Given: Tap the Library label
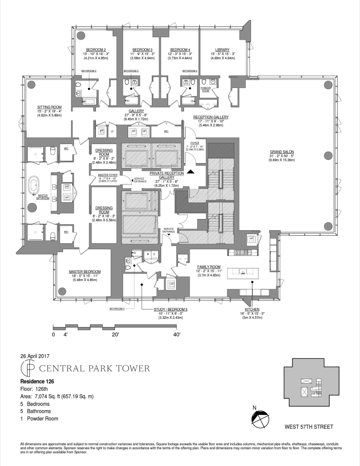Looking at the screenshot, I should click(x=222, y=50).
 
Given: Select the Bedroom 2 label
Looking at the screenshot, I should click(x=96, y=50).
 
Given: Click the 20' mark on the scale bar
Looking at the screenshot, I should click(x=115, y=335).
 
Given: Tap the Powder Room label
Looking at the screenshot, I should click(x=206, y=89).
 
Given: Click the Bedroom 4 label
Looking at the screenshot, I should click(x=180, y=50).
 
